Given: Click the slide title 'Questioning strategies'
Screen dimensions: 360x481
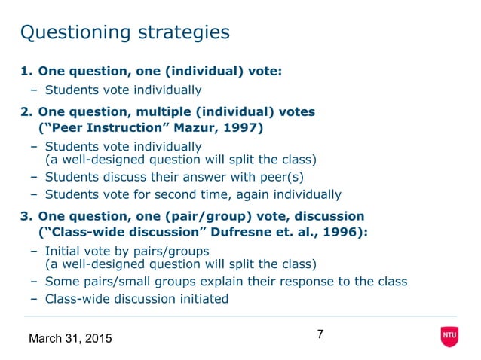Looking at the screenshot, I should (x=124, y=32).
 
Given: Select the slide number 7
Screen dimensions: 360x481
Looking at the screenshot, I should (x=320, y=334).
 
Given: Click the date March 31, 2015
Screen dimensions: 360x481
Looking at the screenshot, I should (x=69, y=339).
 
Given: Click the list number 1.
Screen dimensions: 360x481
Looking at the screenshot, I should (x=26, y=72).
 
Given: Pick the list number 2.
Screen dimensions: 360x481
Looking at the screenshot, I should (x=26, y=112).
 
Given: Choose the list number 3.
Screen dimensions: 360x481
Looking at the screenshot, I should (x=26, y=216).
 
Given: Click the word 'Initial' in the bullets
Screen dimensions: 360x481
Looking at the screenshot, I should (x=63, y=251).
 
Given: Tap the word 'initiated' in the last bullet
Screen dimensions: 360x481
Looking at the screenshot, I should (x=198, y=298).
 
